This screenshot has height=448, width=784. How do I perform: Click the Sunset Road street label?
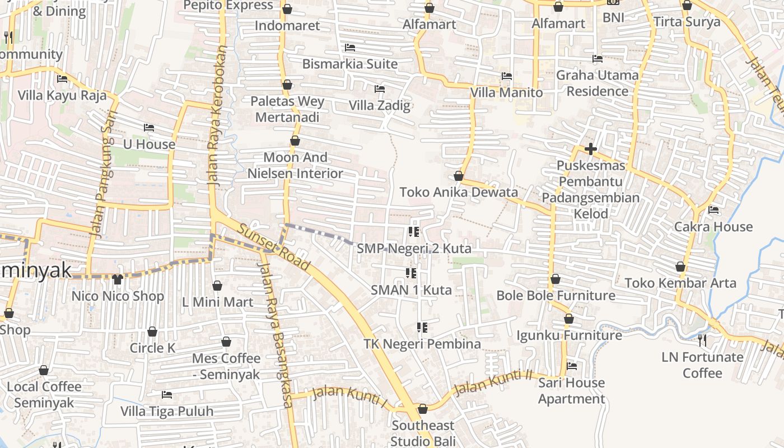(274, 247)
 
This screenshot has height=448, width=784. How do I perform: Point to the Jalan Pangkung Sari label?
(100, 181)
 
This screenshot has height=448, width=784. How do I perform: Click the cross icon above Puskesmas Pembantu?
(590, 149)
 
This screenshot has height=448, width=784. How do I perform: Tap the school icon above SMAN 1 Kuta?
(411, 273)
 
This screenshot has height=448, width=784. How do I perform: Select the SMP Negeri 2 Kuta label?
(414, 248)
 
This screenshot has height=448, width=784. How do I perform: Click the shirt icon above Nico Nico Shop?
(117, 279)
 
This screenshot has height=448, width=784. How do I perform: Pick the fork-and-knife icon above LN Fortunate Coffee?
(702, 340)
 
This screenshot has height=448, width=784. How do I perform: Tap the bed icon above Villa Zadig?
(380, 88)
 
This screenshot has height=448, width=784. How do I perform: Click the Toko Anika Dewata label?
(459, 192)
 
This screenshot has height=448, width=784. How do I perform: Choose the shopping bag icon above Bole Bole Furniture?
(556, 279)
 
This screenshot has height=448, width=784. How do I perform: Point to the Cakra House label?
(713, 227)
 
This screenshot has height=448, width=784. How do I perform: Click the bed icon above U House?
(149, 128)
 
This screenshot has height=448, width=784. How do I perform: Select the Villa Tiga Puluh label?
(167, 412)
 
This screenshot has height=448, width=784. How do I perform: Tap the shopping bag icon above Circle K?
(152, 332)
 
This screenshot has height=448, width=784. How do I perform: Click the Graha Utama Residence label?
(597, 83)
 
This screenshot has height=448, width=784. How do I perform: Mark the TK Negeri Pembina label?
(422, 344)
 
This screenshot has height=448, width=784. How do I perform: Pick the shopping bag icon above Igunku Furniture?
(569, 319)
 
